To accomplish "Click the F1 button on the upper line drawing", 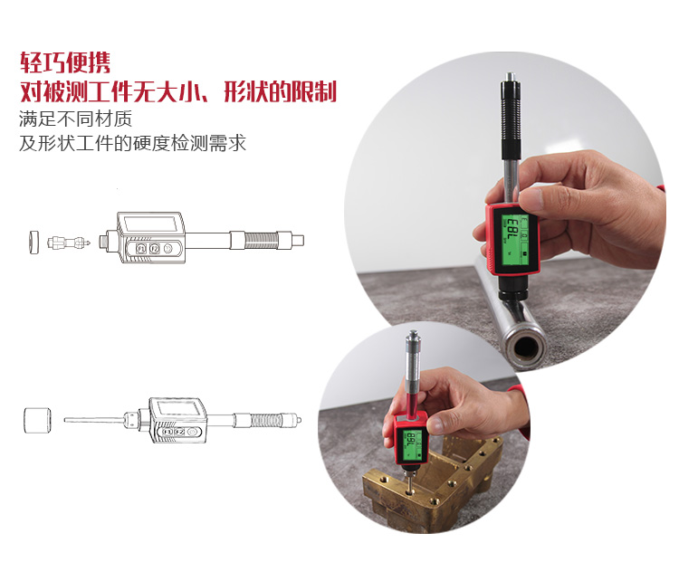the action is coord(141,249).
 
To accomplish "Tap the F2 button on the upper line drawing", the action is coord(155,249).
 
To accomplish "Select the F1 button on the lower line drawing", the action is coord(167,432).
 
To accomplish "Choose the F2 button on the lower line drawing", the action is coord(179,432).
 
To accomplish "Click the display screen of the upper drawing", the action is coord(149,224).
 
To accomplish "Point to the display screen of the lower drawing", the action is coord(177,407).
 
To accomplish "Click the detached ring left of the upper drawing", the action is coord(33,242).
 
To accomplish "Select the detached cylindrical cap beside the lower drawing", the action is coord(37,420).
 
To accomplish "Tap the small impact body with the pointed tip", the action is coord(69,242).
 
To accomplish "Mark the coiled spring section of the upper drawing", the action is coord(262,241).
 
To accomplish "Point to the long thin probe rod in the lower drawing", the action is coord(94,420).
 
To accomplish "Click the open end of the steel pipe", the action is coord(525,346).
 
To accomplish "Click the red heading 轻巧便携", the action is coord(65,62).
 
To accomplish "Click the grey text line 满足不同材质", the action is coord(76,119).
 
